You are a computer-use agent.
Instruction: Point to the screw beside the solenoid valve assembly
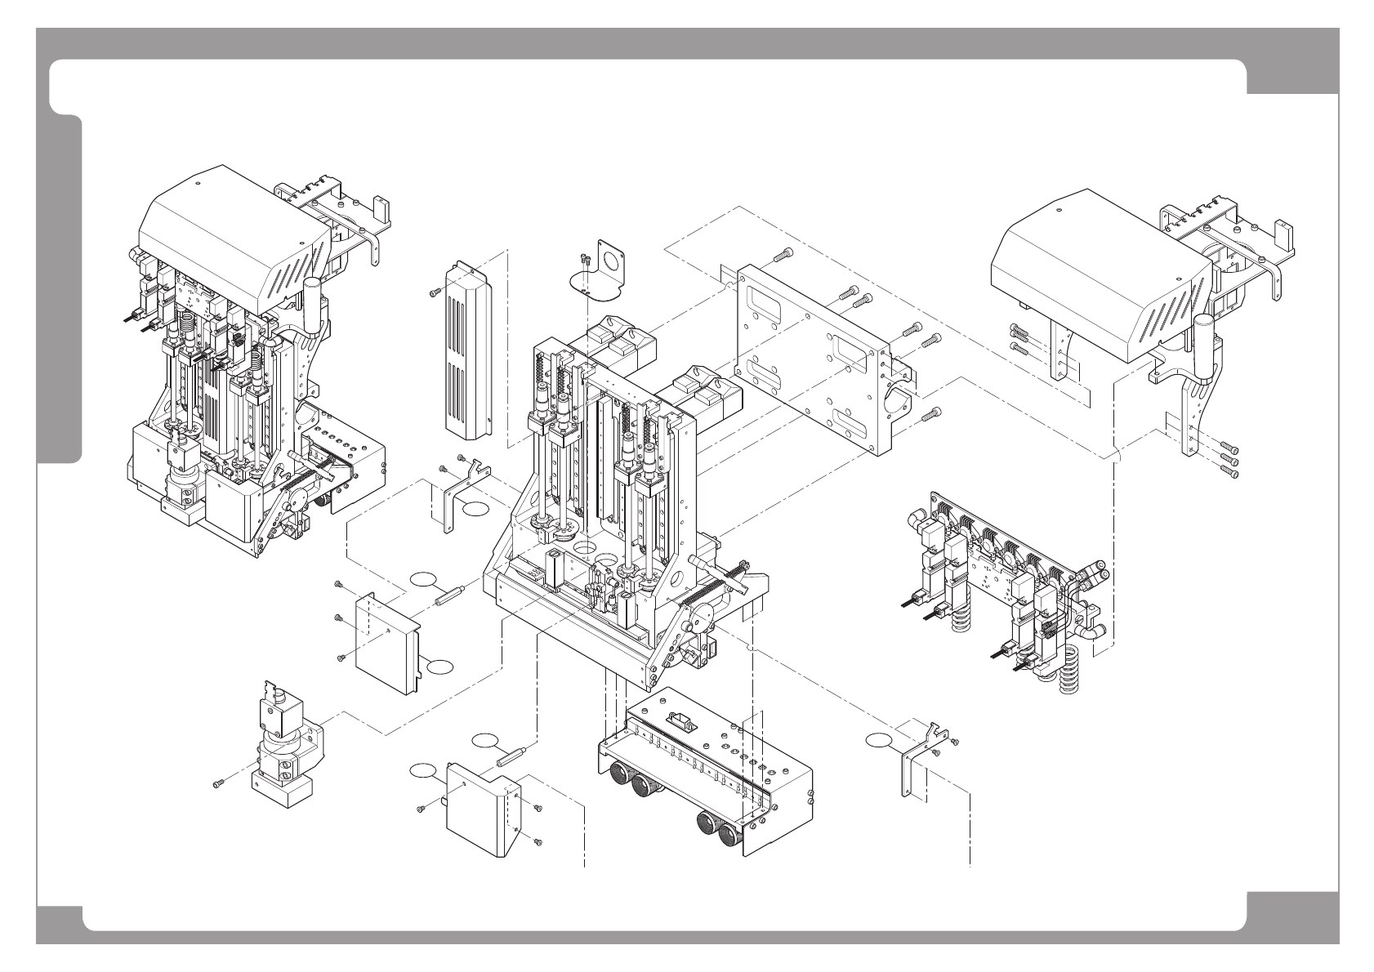click(x=217, y=784)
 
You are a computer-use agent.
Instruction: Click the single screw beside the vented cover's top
click(x=433, y=292)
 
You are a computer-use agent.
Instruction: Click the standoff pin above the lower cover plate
click(x=511, y=751)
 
